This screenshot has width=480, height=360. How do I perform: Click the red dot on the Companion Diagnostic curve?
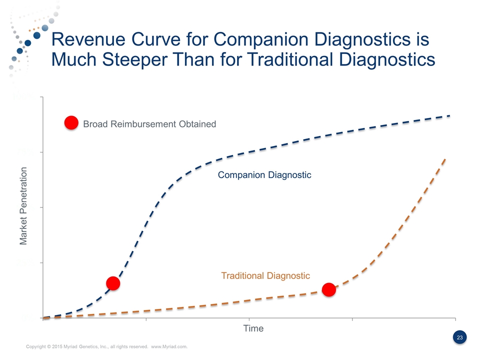pos(113,283)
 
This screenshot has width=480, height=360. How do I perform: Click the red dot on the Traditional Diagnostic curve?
pos(328,289)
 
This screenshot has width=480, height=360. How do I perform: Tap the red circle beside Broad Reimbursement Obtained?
pos(71,123)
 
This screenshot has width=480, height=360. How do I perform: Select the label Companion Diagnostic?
pos(264,175)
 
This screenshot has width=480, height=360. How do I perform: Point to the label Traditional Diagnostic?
pos(265,275)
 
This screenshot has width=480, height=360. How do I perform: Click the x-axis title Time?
pos(253,328)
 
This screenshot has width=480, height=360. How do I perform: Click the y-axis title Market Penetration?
pos(23,207)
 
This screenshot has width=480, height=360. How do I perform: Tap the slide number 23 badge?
pos(460,338)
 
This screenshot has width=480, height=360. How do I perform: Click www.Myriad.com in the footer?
pos(169,346)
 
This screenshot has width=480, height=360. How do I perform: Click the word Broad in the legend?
pos(95,123)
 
